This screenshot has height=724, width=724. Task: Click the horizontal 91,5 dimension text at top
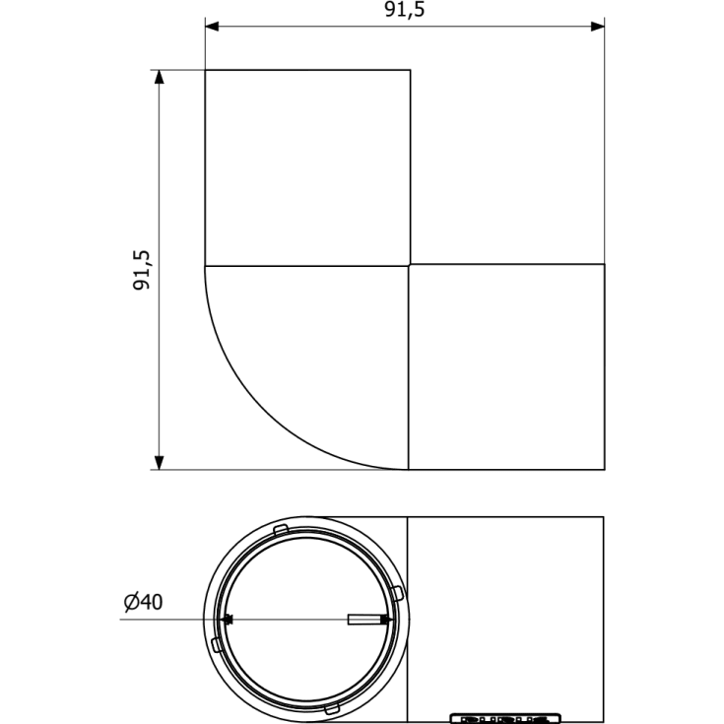pos(405,10)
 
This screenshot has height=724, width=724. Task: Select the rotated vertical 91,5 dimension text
pos(142,270)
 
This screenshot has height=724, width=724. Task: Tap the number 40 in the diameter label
pos(152,602)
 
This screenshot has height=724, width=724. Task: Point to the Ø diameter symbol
pos(132,602)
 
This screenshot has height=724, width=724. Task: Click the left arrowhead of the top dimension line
pos(212,27)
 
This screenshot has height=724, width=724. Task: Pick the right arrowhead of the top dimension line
pos(598,27)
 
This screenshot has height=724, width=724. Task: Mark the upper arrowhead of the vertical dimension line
pos(160,77)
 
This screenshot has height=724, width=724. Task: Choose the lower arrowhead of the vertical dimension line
pos(160,463)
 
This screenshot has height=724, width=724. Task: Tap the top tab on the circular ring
pos(281,530)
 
